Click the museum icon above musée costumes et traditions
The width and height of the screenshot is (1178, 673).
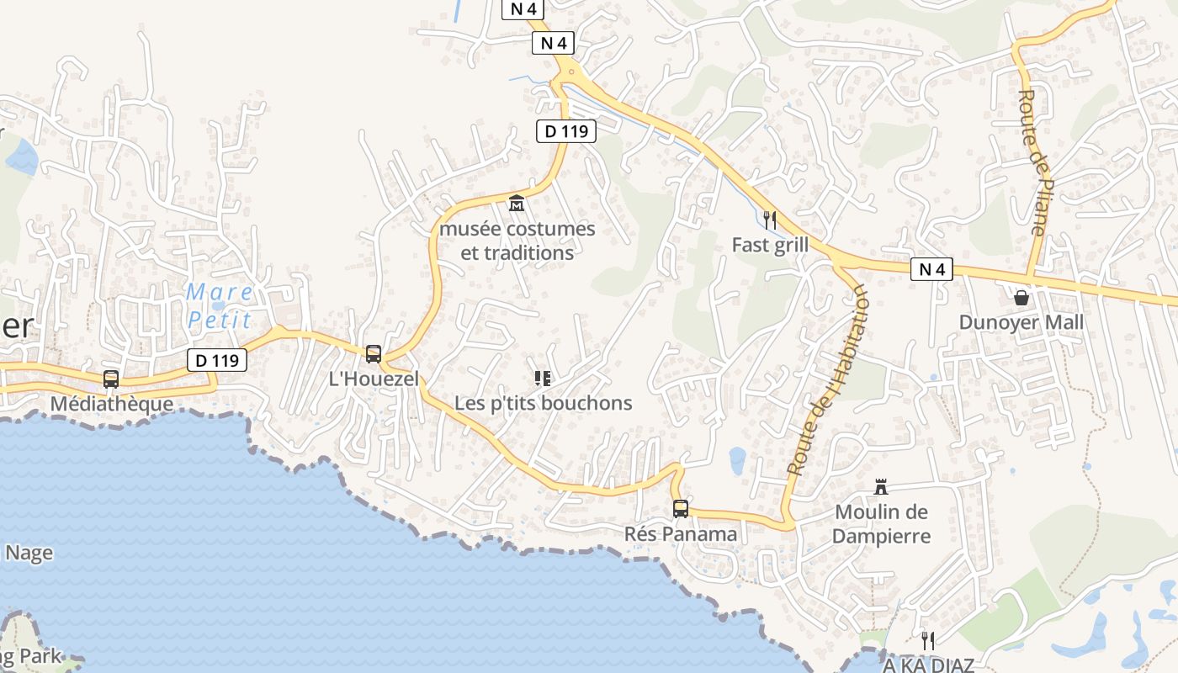click(x=517, y=203)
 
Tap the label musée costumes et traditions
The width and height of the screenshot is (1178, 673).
click(x=517, y=241)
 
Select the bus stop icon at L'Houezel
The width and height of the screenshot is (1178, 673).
click(x=374, y=354)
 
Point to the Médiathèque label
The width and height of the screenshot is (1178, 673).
click(x=112, y=404)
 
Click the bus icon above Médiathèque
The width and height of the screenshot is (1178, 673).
click(x=111, y=379)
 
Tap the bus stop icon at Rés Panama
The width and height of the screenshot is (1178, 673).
click(x=681, y=509)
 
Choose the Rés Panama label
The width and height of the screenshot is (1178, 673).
click(x=681, y=534)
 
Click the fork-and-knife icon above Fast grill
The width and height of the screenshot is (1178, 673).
click(x=769, y=220)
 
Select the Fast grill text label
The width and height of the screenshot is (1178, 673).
click(x=770, y=245)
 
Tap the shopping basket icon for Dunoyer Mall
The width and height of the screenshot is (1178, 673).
click(x=1021, y=298)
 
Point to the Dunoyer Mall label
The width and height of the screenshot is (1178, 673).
click(x=1021, y=323)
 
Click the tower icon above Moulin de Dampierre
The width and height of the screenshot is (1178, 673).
click(x=882, y=487)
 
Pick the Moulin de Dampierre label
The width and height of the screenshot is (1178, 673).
click(x=882, y=523)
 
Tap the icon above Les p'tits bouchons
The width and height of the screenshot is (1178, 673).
click(x=543, y=379)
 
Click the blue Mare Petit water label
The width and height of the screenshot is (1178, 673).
click(x=220, y=305)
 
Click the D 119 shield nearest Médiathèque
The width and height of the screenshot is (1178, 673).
click(x=217, y=361)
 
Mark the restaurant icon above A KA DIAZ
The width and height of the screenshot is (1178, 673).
click(x=928, y=640)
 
